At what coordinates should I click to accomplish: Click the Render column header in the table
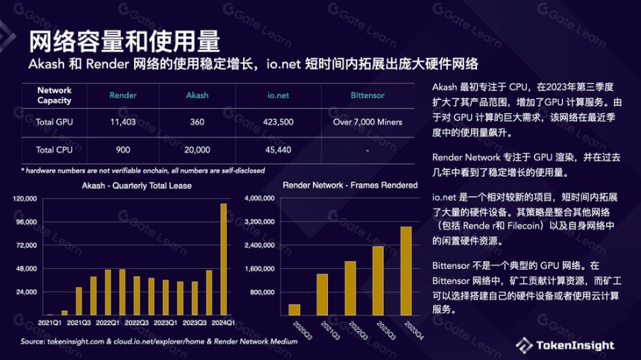pos(123,95)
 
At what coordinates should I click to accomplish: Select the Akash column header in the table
pos(197,95)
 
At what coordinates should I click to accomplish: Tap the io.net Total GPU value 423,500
pos(278,121)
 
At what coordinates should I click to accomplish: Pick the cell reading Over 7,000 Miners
pos(367,121)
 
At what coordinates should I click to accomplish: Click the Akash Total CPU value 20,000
pos(197,150)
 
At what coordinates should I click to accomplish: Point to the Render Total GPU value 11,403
pos(123,121)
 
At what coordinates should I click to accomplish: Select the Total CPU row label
pos(54,150)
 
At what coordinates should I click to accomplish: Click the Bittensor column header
pos(367,95)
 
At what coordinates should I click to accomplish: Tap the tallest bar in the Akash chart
pos(224,259)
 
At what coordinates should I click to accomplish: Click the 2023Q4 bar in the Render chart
pos(406,271)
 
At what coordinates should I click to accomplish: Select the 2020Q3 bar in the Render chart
pos(294,310)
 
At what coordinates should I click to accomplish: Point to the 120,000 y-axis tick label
pos(25,198)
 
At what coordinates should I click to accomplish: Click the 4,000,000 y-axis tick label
pos(259,198)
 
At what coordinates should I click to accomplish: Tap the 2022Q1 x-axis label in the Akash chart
pos(107,323)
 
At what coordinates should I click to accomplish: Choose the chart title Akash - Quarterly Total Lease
pos(136,186)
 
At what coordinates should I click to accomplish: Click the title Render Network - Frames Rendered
pos(350,185)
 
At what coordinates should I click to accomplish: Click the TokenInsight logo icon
pos(524,345)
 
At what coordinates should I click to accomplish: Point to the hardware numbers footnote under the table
pos(142,171)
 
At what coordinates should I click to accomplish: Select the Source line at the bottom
pos(159,341)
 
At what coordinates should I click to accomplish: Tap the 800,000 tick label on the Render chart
pos(262,292)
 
